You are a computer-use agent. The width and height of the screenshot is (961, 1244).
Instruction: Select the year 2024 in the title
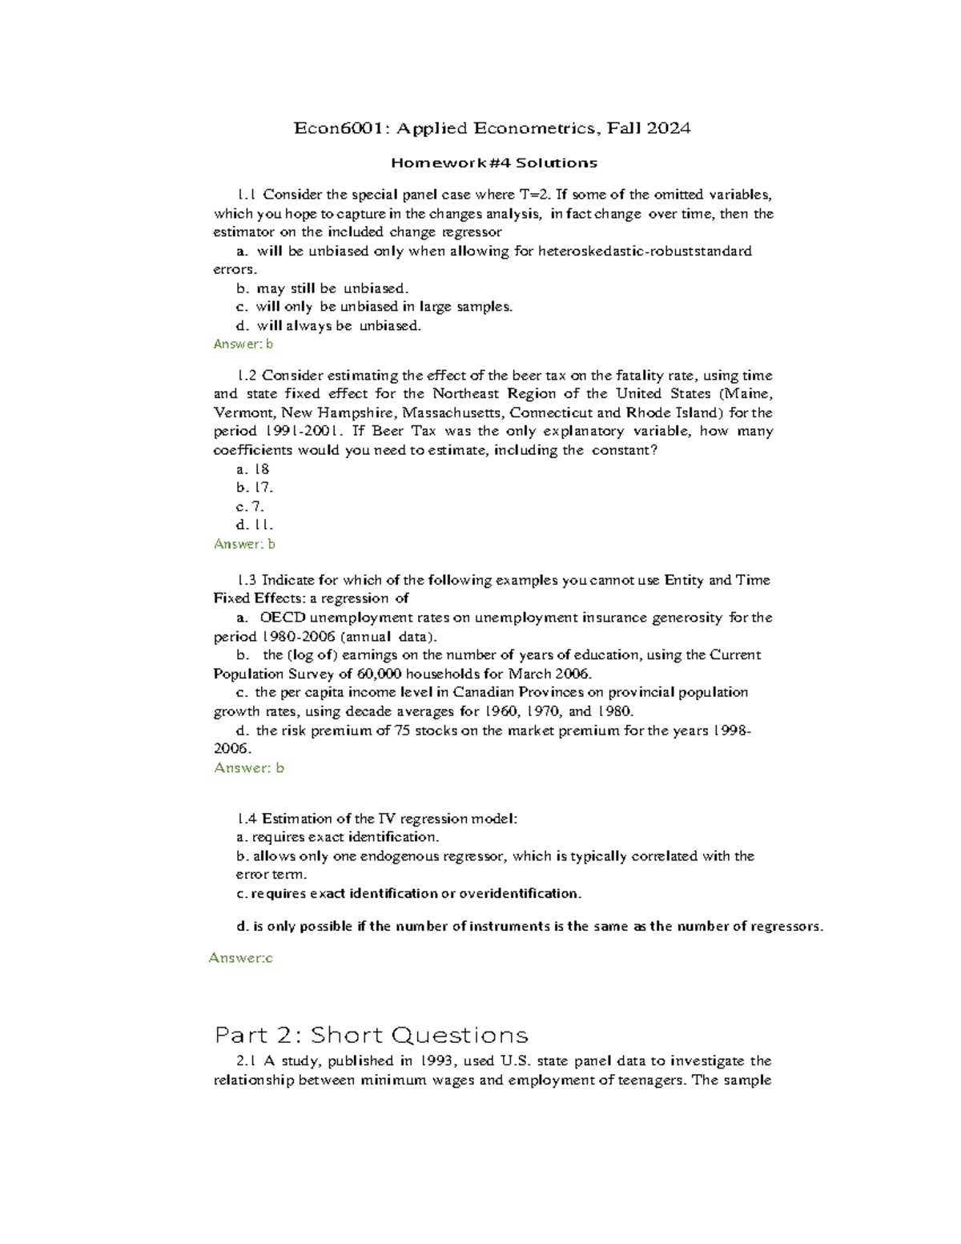[x=669, y=128]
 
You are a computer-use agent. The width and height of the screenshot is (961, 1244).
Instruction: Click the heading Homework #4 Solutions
[x=493, y=163]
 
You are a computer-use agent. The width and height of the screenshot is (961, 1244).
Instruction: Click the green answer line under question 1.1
[x=243, y=344]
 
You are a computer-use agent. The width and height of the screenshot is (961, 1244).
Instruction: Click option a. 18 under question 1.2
[x=253, y=469]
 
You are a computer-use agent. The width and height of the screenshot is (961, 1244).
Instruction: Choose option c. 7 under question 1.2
[x=250, y=506]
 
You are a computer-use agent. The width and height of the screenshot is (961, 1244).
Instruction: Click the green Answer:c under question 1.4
[x=240, y=958]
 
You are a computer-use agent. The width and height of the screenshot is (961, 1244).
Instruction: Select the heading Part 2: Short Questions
[x=371, y=1035]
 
